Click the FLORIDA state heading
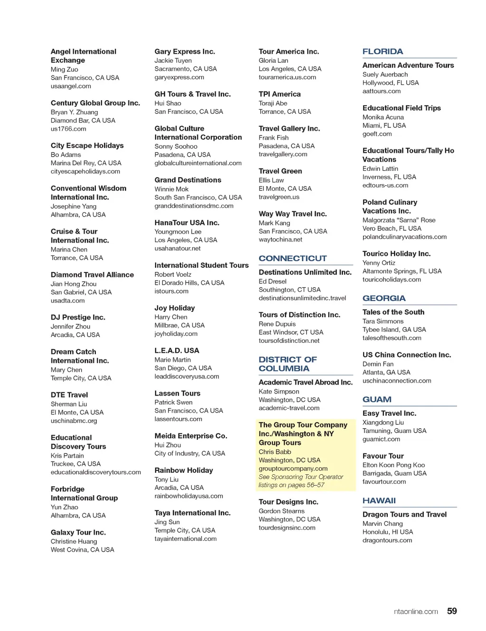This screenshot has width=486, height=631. click(x=383, y=51)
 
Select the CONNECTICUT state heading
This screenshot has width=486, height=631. click(x=292, y=258)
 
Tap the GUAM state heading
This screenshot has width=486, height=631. click(x=377, y=399)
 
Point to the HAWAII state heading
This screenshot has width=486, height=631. click(x=379, y=500)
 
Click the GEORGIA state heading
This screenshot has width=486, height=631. click(x=384, y=298)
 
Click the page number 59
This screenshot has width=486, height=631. click(x=452, y=611)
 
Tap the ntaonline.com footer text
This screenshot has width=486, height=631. click(x=416, y=612)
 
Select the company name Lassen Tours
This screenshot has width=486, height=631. click(x=177, y=393)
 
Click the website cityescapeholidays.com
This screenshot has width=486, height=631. click(x=85, y=171)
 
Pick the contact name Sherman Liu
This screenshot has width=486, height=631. click(x=69, y=404)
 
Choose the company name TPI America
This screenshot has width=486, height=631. click(x=280, y=94)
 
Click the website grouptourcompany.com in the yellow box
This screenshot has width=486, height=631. click(x=293, y=469)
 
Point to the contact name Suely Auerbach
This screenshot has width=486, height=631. click(x=385, y=75)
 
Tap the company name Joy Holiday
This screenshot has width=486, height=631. click(x=174, y=308)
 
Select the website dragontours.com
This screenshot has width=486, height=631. click(x=387, y=540)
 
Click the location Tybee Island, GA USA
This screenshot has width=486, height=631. click(x=394, y=330)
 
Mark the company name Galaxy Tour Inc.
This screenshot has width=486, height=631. click(x=78, y=532)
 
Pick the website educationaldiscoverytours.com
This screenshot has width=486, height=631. click(x=96, y=472)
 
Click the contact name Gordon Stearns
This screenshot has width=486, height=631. click(x=281, y=511)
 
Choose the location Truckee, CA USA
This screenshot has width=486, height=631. click(x=75, y=464)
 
